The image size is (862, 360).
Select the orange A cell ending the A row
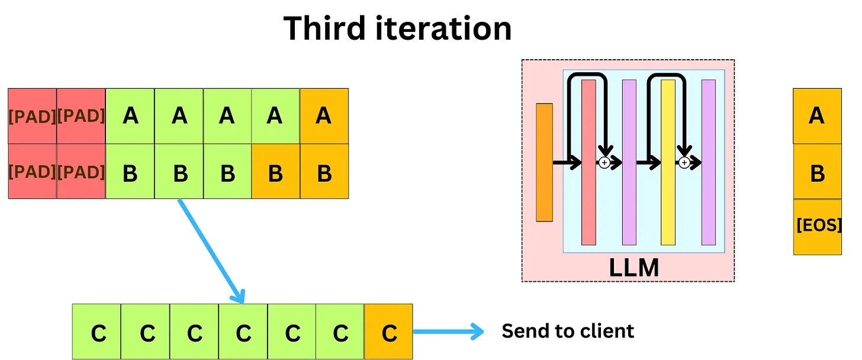(x=324, y=115)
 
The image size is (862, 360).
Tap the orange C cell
(x=388, y=332)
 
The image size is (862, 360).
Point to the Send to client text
(x=568, y=331)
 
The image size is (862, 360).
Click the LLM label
(x=634, y=268)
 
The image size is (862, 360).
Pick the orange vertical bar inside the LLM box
(x=544, y=163)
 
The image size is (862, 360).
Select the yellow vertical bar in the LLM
(x=668, y=163)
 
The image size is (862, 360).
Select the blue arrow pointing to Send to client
(x=448, y=332)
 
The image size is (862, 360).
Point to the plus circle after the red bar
(x=604, y=162)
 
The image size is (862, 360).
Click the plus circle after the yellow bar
(x=684, y=162)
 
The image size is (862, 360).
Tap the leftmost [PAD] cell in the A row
(x=32, y=115)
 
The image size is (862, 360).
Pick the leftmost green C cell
(x=97, y=332)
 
